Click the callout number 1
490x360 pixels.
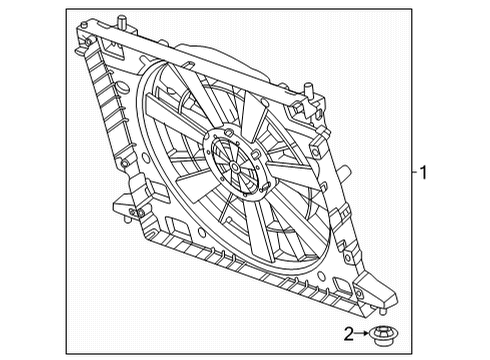[424, 173]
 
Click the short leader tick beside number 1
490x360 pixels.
[412, 173]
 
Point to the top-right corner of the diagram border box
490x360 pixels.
[411, 11]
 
